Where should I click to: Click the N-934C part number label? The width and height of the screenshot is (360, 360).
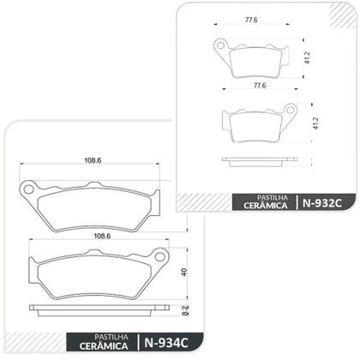click(161, 344)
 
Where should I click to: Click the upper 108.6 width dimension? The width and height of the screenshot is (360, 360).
click(93, 159)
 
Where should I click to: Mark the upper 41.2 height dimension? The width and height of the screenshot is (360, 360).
click(307, 58)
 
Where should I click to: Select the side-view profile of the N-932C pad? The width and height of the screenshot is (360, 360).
click(259, 159)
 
